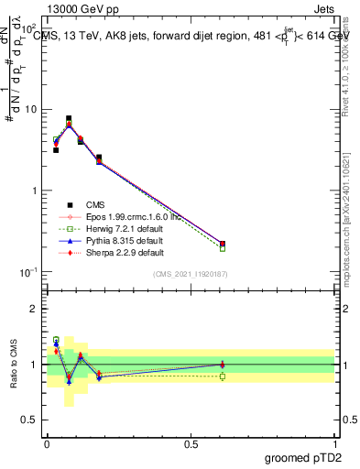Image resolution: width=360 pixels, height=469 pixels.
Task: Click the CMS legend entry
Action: (98, 205)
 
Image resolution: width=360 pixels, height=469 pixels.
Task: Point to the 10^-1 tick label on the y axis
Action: (28, 272)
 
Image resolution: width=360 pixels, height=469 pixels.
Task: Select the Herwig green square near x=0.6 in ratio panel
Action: (223, 376)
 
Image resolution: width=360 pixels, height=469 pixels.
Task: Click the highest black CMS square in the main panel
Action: (69, 118)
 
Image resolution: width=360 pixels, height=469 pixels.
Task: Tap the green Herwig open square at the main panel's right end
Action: (223, 248)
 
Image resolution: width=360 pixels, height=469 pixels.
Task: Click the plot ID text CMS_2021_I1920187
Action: (191, 274)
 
